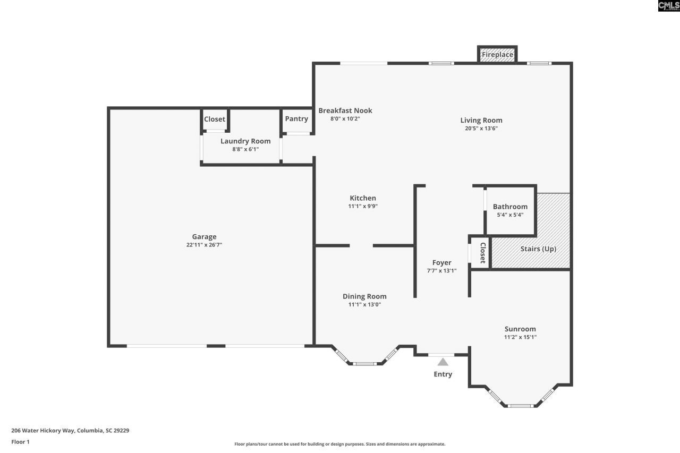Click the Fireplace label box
[x=497, y=55]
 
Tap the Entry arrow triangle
[x=443, y=362]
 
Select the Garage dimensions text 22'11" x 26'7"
[x=204, y=245]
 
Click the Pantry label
[x=296, y=118]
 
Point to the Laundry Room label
[x=245, y=141]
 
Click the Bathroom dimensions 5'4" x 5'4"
[x=510, y=215]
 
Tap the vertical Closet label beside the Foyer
[x=482, y=253]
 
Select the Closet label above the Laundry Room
[x=215, y=119]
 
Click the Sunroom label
[x=520, y=329]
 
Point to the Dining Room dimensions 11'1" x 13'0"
[x=364, y=304]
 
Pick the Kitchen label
[x=363, y=198]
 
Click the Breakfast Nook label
[x=345, y=110]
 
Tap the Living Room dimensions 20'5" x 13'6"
[x=481, y=128]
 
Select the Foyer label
[x=441, y=262]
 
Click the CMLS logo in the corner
[x=668, y=6]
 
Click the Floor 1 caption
[x=21, y=442]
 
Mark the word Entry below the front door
[x=443, y=374]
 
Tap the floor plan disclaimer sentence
[x=340, y=444]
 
